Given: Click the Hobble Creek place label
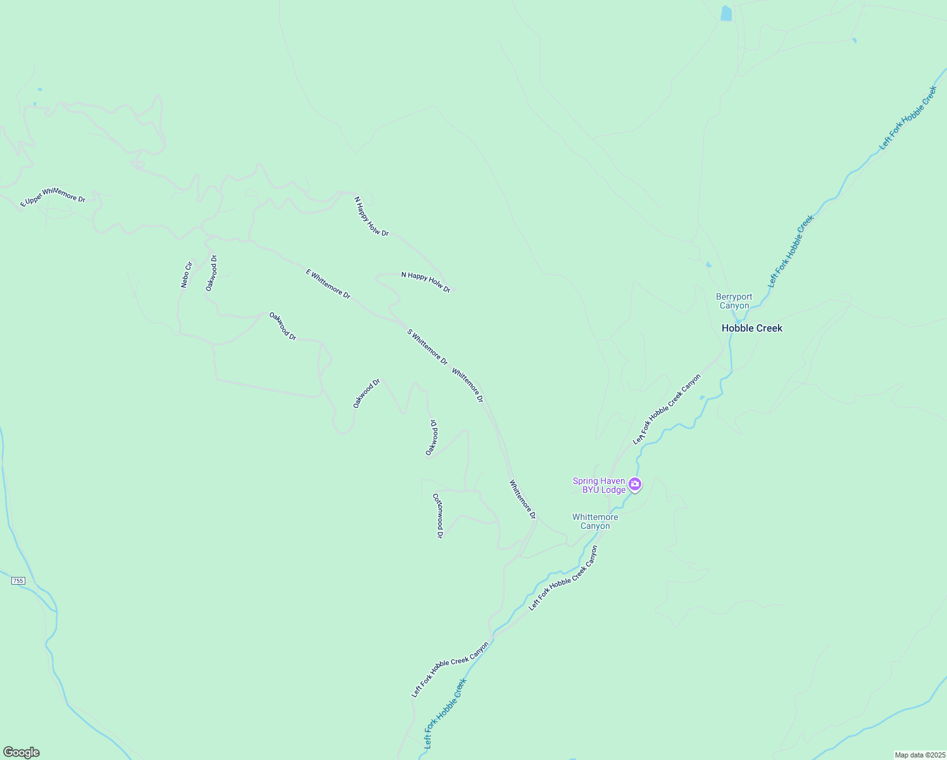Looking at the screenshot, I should tap(752, 328).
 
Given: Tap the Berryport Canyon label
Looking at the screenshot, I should tap(734, 301).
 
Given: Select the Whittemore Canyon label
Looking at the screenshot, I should tap(595, 521).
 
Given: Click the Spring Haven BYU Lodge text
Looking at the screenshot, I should tap(599, 485).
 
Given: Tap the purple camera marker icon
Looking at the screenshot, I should tap(635, 484).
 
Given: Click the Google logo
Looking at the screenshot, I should tap(21, 752).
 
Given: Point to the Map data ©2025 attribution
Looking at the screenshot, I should tap(919, 755).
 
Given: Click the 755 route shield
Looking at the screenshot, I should tap(18, 580).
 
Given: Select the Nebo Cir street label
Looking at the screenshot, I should tap(186, 274).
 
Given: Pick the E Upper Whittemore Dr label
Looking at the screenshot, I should tap(53, 196).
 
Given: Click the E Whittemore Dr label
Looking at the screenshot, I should tap(328, 283).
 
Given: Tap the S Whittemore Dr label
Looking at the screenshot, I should tap(427, 346).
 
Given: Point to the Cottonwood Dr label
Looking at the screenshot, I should tap(437, 516).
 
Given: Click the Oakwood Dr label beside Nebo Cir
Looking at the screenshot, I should tap(211, 273).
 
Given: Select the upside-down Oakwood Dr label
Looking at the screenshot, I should tap(432, 437).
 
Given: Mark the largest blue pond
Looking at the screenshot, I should tap(726, 13).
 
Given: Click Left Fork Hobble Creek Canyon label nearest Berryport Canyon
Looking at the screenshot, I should tap(667, 409).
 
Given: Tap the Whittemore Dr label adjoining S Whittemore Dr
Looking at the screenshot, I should tap(468, 386).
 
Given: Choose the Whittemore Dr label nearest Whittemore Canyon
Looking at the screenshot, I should tap(523, 499).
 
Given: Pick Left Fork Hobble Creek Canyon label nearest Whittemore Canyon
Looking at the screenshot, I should tap(563, 578).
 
